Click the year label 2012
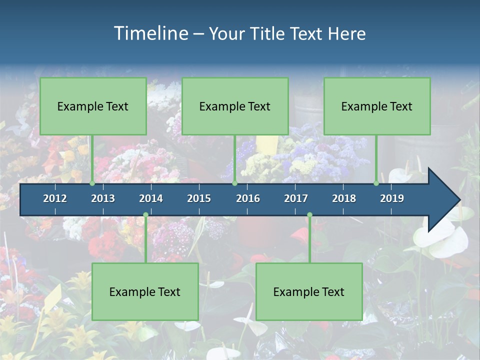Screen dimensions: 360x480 55,198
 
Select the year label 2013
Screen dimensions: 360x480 103,198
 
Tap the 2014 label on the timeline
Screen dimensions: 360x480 151,198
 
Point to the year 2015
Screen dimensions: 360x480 199,198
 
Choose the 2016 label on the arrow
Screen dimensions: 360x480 248,198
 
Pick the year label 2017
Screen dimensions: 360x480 296,198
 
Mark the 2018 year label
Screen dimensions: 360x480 344,198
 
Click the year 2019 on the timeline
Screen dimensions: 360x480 392,198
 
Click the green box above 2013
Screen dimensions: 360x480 93,106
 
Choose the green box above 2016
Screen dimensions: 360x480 235,106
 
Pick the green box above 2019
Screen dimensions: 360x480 377,106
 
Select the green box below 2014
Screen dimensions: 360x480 145,292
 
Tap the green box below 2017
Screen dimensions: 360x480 309,292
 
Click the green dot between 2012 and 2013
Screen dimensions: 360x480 92,183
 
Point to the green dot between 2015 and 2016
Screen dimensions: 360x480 234,183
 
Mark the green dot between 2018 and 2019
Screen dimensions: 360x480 376,183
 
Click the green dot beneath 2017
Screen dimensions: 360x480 309,215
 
